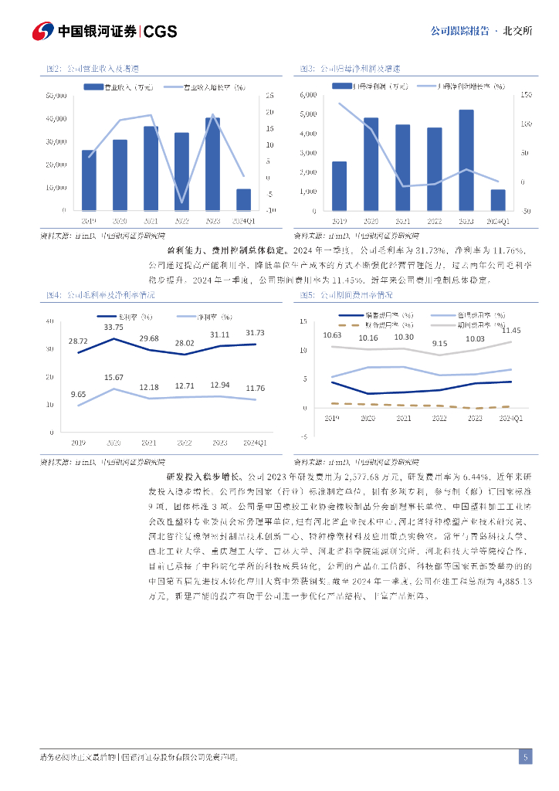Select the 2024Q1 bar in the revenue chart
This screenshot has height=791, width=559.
pyautogui.click(x=243, y=199)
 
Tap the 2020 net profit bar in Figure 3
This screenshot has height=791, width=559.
pyautogui.click(x=371, y=164)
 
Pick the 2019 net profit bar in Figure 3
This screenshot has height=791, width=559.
pyautogui.click(x=339, y=185)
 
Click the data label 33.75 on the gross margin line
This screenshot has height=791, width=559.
pyautogui.click(x=113, y=327)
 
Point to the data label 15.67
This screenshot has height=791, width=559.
pyautogui.click(x=113, y=377)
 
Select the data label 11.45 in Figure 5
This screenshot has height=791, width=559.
pyautogui.click(x=511, y=331)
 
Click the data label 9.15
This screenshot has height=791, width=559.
pyautogui.click(x=439, y=343)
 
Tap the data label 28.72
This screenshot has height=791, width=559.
pyautogui.click(x=78, y=341)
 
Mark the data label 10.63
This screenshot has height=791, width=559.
pyautogui.click(x=332, y=334)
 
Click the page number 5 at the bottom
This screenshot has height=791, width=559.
pyautogui.click(x=525, y=757)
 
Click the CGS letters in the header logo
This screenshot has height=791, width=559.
pyautogui.click(x=161, y=31)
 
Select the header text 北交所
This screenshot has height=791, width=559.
pyautogui.click(x=517, y=31)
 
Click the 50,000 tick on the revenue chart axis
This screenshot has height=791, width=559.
pyautogui.click(x=57, y=96)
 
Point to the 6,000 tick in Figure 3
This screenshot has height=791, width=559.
pyautogui.click(x=307, y=95)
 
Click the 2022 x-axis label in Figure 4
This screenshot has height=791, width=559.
pyautogui.click(x=184, y=443)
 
